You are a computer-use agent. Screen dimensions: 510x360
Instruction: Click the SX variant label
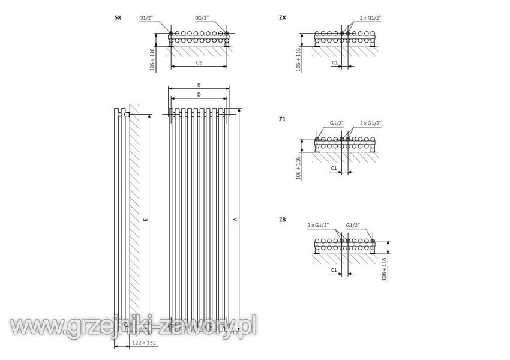point(118,17)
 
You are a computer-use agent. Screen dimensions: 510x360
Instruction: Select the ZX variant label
point(283,17)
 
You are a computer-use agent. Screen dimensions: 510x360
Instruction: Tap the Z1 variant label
point(282,119)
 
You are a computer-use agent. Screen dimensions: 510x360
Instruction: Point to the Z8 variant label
point(283,220)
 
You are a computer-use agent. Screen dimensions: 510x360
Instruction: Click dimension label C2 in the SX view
point(199,62)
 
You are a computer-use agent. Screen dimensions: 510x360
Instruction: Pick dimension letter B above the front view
point(199,85)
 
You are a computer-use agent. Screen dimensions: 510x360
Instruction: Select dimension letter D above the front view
point(199,95)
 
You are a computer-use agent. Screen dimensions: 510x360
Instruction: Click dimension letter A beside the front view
point(236,219)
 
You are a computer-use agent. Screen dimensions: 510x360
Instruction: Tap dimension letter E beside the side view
point(146,220)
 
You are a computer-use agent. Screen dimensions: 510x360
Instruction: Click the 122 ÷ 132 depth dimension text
point(144,343)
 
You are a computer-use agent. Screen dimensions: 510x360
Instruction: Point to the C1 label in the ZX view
point(335,62)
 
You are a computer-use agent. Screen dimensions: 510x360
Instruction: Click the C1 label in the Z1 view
point(334,168)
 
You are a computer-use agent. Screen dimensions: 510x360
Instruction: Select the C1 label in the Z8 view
point(334,270)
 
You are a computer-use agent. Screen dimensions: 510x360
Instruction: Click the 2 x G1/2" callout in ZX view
point(370,17)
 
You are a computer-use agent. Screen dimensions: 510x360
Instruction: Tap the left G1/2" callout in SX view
point(146,17)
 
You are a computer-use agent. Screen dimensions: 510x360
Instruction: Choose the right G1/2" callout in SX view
point(202,17)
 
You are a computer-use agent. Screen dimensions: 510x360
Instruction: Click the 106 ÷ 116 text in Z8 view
point(385,269)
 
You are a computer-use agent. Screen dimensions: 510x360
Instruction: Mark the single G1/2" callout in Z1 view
point(337,123)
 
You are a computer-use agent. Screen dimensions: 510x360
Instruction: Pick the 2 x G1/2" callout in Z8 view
point(318,225)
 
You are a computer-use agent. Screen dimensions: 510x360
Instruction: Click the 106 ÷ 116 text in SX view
point(152,59)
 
